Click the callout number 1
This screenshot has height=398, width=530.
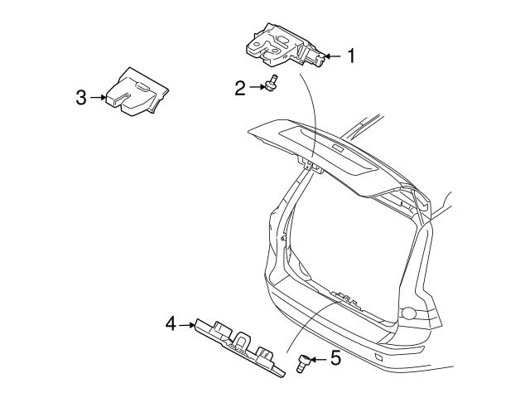tap(351, 56)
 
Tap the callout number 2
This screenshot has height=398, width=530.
tap(240, 88)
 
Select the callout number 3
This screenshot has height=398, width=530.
tap(81, 98)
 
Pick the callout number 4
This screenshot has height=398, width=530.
tap(171, 323)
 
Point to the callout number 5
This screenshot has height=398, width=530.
tap(335, 358)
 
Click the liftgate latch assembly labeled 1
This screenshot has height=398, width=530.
tap(285, 45)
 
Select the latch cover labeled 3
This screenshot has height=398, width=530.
tap(137, 92)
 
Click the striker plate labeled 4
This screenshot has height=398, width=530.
tap(239, 347)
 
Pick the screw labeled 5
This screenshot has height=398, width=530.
tap(303, 363)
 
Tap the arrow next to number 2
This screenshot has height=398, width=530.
tap(258, 87)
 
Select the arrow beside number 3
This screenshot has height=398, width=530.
tap(98, 98)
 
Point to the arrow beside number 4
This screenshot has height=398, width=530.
tap(187, 325)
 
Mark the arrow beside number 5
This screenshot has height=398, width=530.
tap(318, 359)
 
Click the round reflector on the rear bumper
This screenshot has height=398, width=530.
tap(409, 313)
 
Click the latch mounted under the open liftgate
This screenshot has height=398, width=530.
tap(311, 164)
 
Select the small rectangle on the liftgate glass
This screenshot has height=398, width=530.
tap(337, 148)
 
